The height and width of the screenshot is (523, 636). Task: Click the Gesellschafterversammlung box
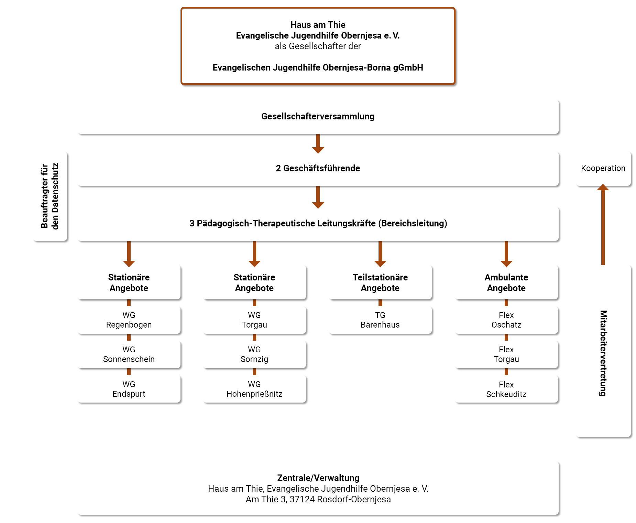pyautogui.click(x=318, y=117)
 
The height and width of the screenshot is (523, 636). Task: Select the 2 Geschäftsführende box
pyautogui.click(x=318, y=169)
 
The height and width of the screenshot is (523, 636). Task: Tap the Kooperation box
pyautogui.click(x=603, y=169)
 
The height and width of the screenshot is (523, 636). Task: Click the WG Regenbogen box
pyautogui.click(x=129, y=320)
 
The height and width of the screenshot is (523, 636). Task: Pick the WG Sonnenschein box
pyautogui.click(x=129, y=354)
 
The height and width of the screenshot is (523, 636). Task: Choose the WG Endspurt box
pyautogui.click(x=129, y=389)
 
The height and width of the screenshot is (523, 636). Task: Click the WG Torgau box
pyautogui.click(x=254, y=320)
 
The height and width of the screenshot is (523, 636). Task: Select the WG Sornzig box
pyautogui.click(x=254, y=354)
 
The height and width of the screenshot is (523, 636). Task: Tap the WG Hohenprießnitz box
pyautogui.click(x=254, y=389)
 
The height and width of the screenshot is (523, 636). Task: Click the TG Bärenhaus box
pyautogui.click(x=380, y=320)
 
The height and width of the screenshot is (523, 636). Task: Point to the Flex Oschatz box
pyautogui.click(x=506, y=320)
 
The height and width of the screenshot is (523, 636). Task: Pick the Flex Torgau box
pyautogui.click(x=506, y=354)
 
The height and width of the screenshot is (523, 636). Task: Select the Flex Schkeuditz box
pyautogui.click(x=506, y=389)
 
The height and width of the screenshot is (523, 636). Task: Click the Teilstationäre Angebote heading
pyautogui.click(x=380, y=282)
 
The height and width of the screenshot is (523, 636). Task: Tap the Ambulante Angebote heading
pyautogui.click(x=506, y=282)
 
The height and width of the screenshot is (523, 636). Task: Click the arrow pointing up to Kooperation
pyautogui.click(x=603, y=224)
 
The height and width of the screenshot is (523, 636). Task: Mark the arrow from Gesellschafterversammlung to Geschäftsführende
pyautogui.click(x=318, y=143)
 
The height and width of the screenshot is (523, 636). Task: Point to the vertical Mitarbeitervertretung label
pyautogui.click(x=603, y=353)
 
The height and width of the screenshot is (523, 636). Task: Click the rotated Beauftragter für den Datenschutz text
pyautogui.click(x=50, y=196)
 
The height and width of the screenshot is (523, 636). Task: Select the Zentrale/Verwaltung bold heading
pyautogui.click(x=318, y=478)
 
